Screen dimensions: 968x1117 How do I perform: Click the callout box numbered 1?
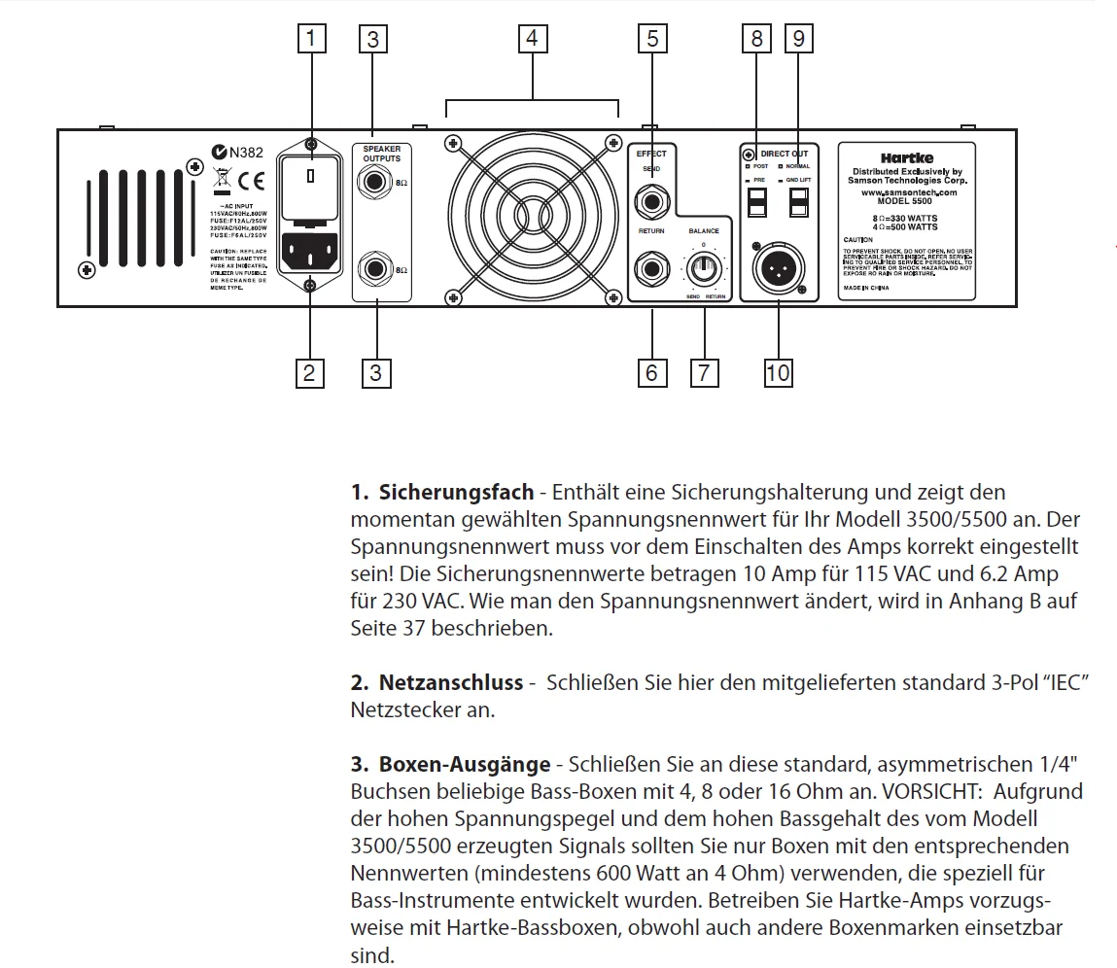310,39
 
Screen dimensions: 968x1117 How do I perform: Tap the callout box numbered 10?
778,372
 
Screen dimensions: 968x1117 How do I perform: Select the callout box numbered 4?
531,39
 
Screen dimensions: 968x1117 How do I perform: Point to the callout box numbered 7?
704,372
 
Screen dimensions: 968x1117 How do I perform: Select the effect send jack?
650,201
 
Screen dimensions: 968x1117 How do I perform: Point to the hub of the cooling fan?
532,217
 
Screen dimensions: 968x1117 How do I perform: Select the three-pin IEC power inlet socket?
311,254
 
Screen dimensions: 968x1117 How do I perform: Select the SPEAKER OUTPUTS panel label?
382,153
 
